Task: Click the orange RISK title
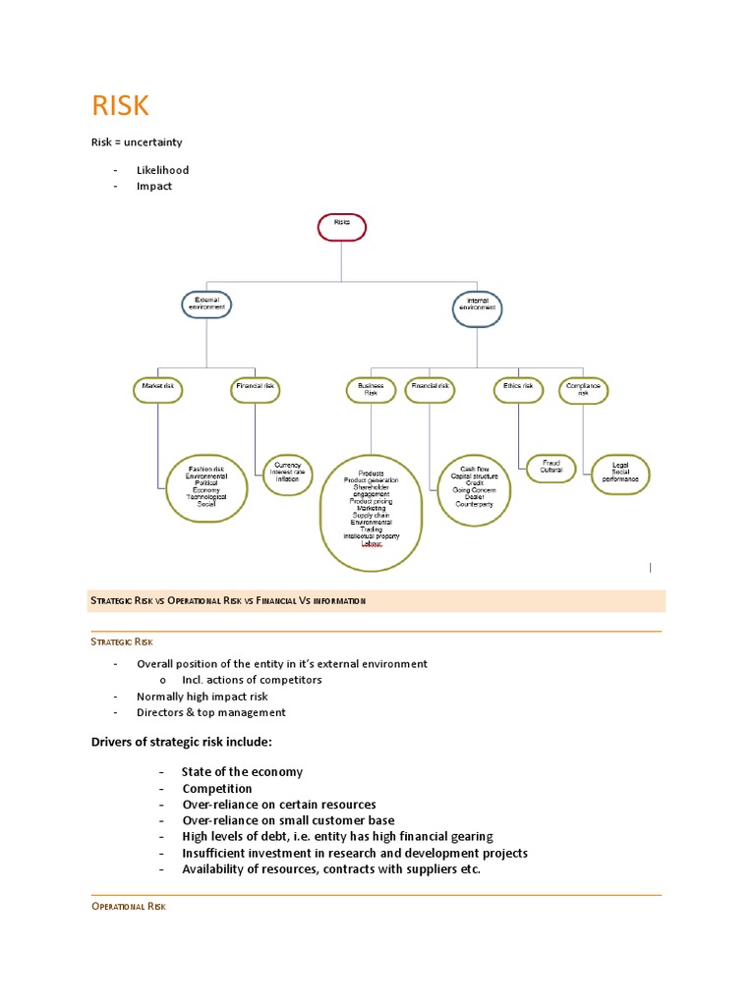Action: click(x=120, y=106)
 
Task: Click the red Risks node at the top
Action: click(x=341, y=227)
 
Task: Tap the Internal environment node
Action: click(x=478, y=308)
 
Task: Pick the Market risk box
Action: click(x=158, y=389)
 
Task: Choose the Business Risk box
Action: click(x=371, y=390)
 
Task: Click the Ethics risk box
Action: click(x=518, y=389)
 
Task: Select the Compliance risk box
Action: click(x=583, y=391)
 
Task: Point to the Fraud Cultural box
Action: click(x=552, y=468)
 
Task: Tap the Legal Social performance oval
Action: click(x=626, y=475)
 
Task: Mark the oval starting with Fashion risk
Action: click(x=206, y=485)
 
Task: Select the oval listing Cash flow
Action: click(x=475, y=488)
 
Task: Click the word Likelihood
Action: click(x=162, y=170)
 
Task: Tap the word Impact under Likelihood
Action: click(x=154, y=187)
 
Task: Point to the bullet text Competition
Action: click(x=217, y=789)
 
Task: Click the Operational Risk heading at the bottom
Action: click(x=128, y=907)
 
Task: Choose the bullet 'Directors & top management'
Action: click(x=211, y=713)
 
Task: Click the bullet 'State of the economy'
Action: click(x=242, y=772)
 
